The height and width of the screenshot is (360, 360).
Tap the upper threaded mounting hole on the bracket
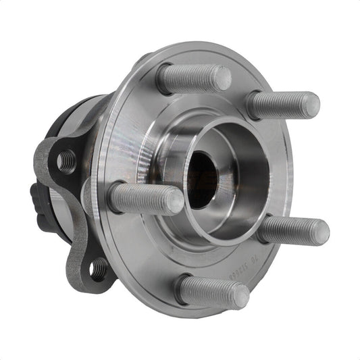[67, 161]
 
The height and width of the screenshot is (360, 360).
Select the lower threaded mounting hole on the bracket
[99, 271]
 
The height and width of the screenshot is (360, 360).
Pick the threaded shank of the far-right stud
[290, 230]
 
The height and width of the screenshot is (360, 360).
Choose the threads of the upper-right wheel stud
[280, 104]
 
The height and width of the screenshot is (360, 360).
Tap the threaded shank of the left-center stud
[142, 198]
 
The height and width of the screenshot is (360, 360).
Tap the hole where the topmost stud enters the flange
[163, 79]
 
